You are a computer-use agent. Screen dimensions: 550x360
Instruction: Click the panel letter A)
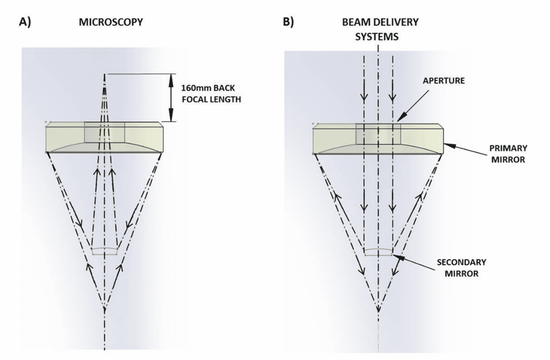click(25, 22)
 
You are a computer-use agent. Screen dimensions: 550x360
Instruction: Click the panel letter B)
click(288, 22)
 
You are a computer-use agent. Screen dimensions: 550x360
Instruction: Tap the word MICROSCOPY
click(111, 22)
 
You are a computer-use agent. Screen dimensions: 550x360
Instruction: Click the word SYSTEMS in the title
click(377, 37)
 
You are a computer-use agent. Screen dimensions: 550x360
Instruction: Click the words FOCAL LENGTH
click(212, 99)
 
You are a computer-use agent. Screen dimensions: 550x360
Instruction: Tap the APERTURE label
click(444, 81)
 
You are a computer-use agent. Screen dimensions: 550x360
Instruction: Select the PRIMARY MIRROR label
click(508, 154)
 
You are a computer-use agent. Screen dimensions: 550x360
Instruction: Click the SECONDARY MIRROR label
click(462, 268)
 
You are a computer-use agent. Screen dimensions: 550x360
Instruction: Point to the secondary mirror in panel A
click(104, 251)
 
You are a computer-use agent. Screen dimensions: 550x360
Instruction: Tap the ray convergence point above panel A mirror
click(105, 74)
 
